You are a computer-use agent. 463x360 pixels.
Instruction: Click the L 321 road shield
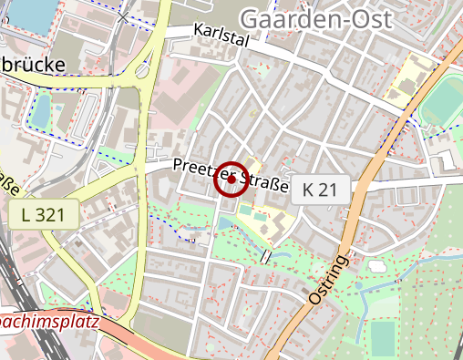44,215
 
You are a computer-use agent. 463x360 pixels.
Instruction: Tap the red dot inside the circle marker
231,180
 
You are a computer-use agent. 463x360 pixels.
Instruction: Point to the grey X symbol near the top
123,16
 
